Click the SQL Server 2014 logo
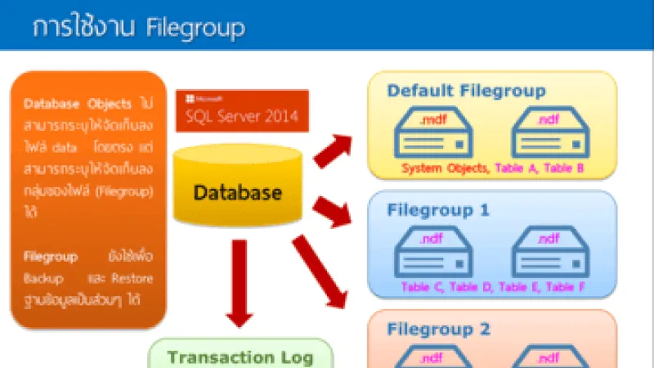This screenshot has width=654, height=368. pyautogui.click(x=242, y=110)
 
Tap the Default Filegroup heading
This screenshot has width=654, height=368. pyautogui.click(x=466, y=91)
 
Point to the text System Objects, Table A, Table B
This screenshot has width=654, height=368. pyautogui.click(x=491, y=168)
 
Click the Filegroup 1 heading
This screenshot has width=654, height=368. pyautogui.click(x=438, y=210)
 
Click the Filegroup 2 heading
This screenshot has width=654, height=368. pyautogui.click(x=438, y=330)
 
